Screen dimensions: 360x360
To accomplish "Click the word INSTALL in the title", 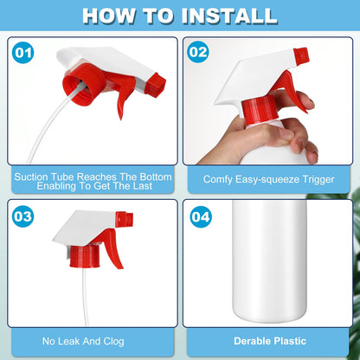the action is point(229,16).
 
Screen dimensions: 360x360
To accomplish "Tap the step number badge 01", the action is point(23,53).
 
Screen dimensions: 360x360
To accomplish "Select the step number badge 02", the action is point(198,52).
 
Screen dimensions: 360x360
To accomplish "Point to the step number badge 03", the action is point(23,216).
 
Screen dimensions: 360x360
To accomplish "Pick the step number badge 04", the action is point(201,217).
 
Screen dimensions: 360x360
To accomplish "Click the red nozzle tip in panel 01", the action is point(156,85).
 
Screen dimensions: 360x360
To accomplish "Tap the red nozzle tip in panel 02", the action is point(301,55).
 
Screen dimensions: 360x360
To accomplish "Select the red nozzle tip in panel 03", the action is point(125,219).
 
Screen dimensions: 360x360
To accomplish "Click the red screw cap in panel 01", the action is point(83,84).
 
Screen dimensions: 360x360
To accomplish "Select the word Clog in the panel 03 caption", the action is point(113,342).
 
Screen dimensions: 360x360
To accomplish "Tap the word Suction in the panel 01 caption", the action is point(31,177).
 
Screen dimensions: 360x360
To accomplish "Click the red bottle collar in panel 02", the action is point(260,111).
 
